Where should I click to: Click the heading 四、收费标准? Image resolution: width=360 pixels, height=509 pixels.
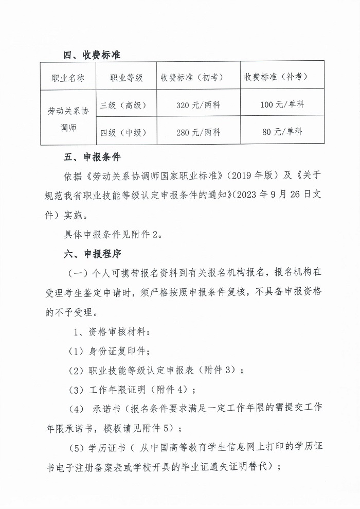[x=92, y=55]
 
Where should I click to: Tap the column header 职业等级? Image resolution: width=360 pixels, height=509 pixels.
[x=127, y=78]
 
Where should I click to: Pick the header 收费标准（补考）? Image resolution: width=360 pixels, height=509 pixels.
[x=282, y=77]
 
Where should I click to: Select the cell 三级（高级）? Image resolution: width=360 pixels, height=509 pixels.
[x=124, y=105]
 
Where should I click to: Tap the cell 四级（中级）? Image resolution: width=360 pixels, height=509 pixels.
[x=124, y=132]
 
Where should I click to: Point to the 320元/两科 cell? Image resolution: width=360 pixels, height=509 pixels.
[x=198, y=105]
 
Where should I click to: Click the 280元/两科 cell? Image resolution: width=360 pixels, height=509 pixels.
[x=198, y=132]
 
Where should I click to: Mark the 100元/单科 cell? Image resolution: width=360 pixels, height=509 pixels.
[x=282, y=104]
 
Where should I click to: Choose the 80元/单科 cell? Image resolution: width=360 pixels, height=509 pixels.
[x=282, y=132]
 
